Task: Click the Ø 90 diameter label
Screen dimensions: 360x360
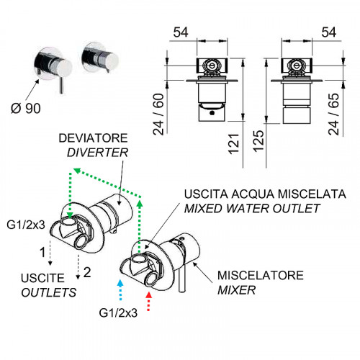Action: coord(26,108)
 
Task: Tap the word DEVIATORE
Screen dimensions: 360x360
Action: coord(93,138)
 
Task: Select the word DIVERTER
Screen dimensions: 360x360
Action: coord(97,153)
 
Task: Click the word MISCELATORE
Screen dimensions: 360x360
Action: coord(261,275)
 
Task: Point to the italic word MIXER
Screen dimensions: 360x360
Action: coord(236,290)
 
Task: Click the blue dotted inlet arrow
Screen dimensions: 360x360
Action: coord(120,289)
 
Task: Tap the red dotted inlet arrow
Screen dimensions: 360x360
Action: coord(149,301)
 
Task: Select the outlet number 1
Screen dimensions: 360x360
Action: coord(42,252)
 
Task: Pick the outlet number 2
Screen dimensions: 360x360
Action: coord(87,272)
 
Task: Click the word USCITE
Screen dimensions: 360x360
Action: coord(42,278)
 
